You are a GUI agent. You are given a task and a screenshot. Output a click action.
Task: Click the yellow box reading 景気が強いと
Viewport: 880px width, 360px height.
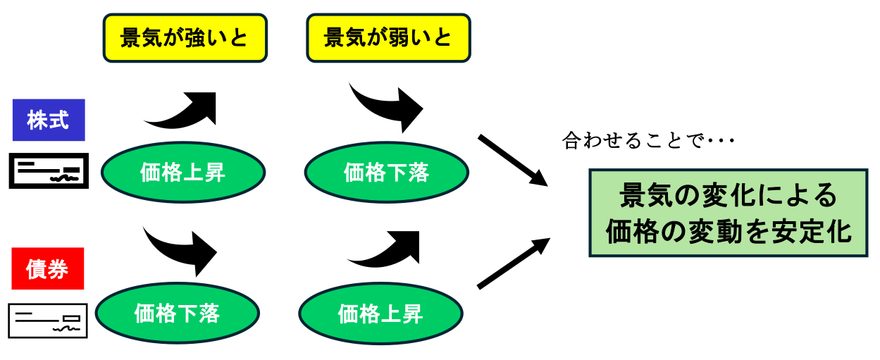coord(185,38)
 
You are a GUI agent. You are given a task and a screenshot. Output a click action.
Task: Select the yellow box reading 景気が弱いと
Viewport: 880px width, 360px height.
coord(388,38)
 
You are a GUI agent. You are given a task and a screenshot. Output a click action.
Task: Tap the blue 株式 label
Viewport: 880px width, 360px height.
coord(49,120)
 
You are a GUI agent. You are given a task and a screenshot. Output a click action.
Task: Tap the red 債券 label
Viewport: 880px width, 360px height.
coord(48,268)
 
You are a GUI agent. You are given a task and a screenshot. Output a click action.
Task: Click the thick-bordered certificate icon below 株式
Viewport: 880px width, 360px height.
coord(48,170)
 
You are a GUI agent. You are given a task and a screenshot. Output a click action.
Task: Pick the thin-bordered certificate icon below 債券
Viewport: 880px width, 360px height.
coord(48,321)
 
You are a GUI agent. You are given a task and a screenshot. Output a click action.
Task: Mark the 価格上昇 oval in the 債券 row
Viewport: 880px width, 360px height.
coord(380,313)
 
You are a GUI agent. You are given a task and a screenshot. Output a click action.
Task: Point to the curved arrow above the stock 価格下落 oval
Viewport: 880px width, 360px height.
coord(386,106)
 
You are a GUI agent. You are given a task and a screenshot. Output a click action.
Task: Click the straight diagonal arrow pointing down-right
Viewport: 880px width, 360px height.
coord(512,160)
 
